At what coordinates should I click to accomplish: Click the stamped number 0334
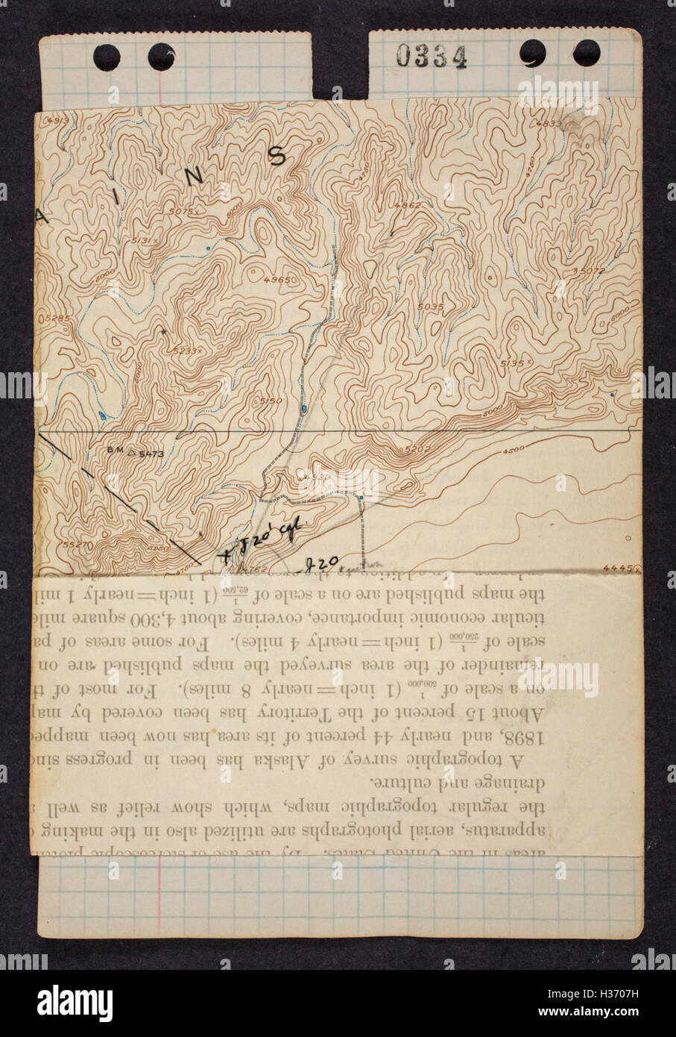(x=431, y=57)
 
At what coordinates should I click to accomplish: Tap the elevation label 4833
(x=570, y=124)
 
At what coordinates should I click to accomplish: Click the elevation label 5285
(x=57, y=319)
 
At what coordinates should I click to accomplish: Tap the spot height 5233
(x=184, y=349)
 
